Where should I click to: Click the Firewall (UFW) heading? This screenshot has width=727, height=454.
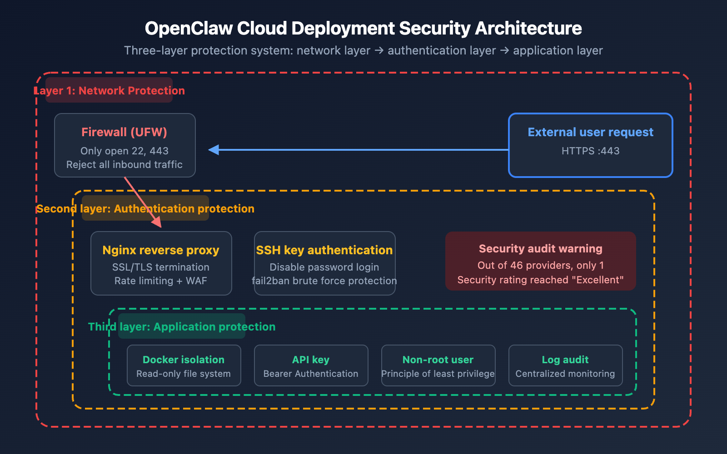coord(124,132)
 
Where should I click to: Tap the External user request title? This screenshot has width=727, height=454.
coord(590,132)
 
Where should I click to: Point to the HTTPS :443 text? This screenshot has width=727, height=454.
coord(590,151)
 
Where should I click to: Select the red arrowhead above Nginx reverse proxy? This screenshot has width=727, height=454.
coord(157,222)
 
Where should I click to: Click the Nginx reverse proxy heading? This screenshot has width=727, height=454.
coord(161,250)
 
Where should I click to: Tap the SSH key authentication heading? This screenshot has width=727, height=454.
coord(324,250)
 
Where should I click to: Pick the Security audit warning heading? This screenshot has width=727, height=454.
coord(540,249)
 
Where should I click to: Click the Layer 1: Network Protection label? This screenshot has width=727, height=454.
coord(109,90)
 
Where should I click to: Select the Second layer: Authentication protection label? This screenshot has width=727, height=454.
coord(145,208)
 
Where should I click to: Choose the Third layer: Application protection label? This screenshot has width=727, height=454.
coord(182,326)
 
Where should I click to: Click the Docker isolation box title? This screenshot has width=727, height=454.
coord(184,360)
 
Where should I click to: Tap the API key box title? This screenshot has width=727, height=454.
coord(311,360)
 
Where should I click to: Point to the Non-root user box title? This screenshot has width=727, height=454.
coord(438,360)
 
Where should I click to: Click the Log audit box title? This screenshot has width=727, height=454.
coord(565,360)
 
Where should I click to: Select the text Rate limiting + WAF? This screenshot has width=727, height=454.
coord(161,281)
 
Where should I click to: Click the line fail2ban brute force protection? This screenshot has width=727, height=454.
coord(324,281)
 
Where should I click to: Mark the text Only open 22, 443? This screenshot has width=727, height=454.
coord(124,151)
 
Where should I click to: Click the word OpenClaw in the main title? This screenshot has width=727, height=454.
coord(189,28)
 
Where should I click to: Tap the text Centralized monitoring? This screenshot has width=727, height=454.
coord(565,374)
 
